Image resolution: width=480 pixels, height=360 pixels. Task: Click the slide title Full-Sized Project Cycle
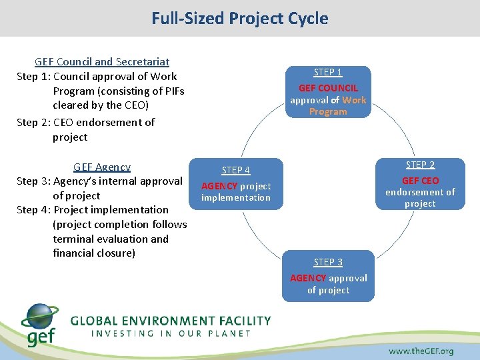coord(239,18)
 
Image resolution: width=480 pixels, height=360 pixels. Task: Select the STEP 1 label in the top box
coord(328,72)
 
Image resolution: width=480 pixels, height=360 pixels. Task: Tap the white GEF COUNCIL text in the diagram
coord(328,88)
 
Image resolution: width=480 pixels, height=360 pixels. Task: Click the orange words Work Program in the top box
coord(340,106)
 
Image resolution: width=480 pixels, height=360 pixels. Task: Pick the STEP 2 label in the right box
coord(420,165)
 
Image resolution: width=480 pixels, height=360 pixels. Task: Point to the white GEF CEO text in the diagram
coord(420,181)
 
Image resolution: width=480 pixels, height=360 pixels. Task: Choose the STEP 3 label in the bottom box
coord(328,262)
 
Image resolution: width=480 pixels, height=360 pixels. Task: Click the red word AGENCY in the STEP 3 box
coord(308,278)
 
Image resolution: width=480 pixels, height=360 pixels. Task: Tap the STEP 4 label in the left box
coord(236,170)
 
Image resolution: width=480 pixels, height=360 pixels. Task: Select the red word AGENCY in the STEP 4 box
coord(219,186)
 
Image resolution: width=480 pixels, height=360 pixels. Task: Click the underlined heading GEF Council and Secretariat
coord(102,62)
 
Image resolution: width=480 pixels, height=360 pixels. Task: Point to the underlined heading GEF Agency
coord(102,167)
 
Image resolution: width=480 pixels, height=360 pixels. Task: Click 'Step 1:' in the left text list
coord(33,76)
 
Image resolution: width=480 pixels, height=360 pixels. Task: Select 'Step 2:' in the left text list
coord(33,122)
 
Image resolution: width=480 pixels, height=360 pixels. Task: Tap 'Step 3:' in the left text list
coord(33,181)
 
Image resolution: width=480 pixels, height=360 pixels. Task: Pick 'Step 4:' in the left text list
coord(33,209)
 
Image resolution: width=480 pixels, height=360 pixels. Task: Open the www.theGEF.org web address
coord(421,351)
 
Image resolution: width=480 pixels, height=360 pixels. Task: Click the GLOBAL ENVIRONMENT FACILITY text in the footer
coord(171,321)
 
